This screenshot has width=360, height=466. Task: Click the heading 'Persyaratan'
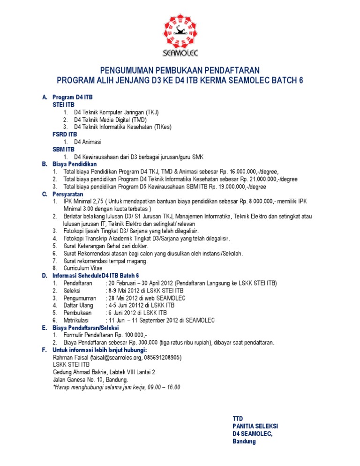(67, 194)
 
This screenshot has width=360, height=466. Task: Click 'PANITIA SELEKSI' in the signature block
(255, 426)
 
